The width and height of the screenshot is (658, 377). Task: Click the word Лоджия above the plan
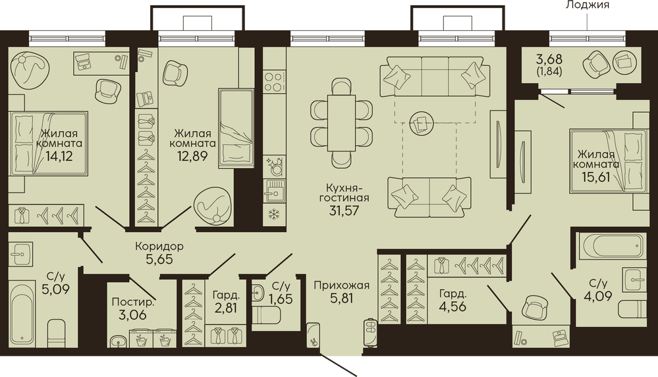pos(588,5)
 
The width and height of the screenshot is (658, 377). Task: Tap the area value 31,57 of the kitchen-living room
pos(344,210)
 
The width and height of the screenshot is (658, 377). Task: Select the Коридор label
pos(159,246)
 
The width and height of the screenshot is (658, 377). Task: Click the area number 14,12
pos(59,157)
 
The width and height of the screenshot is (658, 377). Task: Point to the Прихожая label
pos(342,286)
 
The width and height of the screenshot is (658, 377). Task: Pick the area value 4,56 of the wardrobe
pos(452,306)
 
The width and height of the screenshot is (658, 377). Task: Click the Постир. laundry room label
pos(134,302)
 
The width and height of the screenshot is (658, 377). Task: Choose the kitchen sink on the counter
pos(273,190)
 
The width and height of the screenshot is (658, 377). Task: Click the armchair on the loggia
pos(596,64)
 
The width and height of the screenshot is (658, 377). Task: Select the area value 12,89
pos(193,157)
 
